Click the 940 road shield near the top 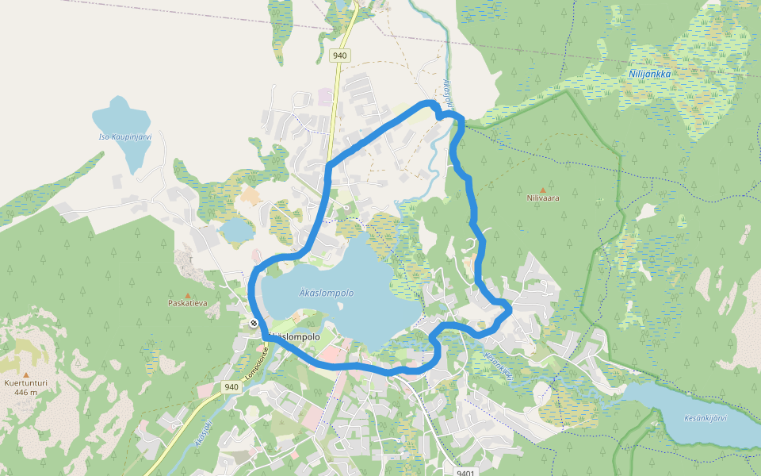click(340, 56)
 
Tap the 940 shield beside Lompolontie click(231, 387)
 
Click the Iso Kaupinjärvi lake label click(124, 136)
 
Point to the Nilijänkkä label click(650, 74)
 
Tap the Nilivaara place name click(543, 198)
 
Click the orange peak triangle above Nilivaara click(543, 190)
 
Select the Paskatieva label click(187, 303)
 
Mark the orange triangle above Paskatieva click(187, 294)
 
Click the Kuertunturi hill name click(26, 382)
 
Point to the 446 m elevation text click(26, 392)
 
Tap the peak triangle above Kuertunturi click(26, 374)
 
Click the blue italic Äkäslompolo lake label click(327, 293)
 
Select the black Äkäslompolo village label click(295, 336)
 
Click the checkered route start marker click(253, 323)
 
